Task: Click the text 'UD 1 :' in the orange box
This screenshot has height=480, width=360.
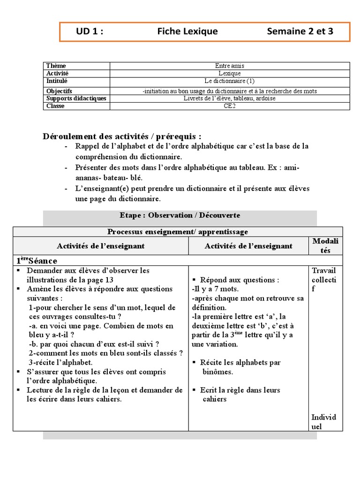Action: (x=90, y=32)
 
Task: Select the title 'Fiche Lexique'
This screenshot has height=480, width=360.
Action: (x=187, y=32)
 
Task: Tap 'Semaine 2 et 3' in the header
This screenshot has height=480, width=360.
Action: (x=300, y=32)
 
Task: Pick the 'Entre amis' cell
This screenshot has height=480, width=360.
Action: (x=230, y=66)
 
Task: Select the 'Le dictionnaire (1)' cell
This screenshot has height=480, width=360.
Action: (x=230, y=81)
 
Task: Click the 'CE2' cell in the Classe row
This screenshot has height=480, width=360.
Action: (x=230, y=106)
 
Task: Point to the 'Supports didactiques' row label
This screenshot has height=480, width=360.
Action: (x=76, y=98)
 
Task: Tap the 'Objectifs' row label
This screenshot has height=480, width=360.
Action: (x=59, y=91)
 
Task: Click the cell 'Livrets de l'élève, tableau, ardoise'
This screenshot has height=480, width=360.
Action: (x=230, y=98)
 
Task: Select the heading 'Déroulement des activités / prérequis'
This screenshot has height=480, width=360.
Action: (x=122, y=136)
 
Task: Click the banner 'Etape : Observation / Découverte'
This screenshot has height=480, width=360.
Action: (x=180, y=216)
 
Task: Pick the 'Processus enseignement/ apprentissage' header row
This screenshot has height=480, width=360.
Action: (x=178, y=232)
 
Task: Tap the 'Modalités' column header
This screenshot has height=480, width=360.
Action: (x=325, y=245)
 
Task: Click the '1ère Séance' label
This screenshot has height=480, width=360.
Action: (x=37, y=261)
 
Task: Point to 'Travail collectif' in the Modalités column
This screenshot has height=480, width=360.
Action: (x=323, y=280)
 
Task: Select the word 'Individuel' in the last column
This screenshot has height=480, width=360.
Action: (x=323, y=422)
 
